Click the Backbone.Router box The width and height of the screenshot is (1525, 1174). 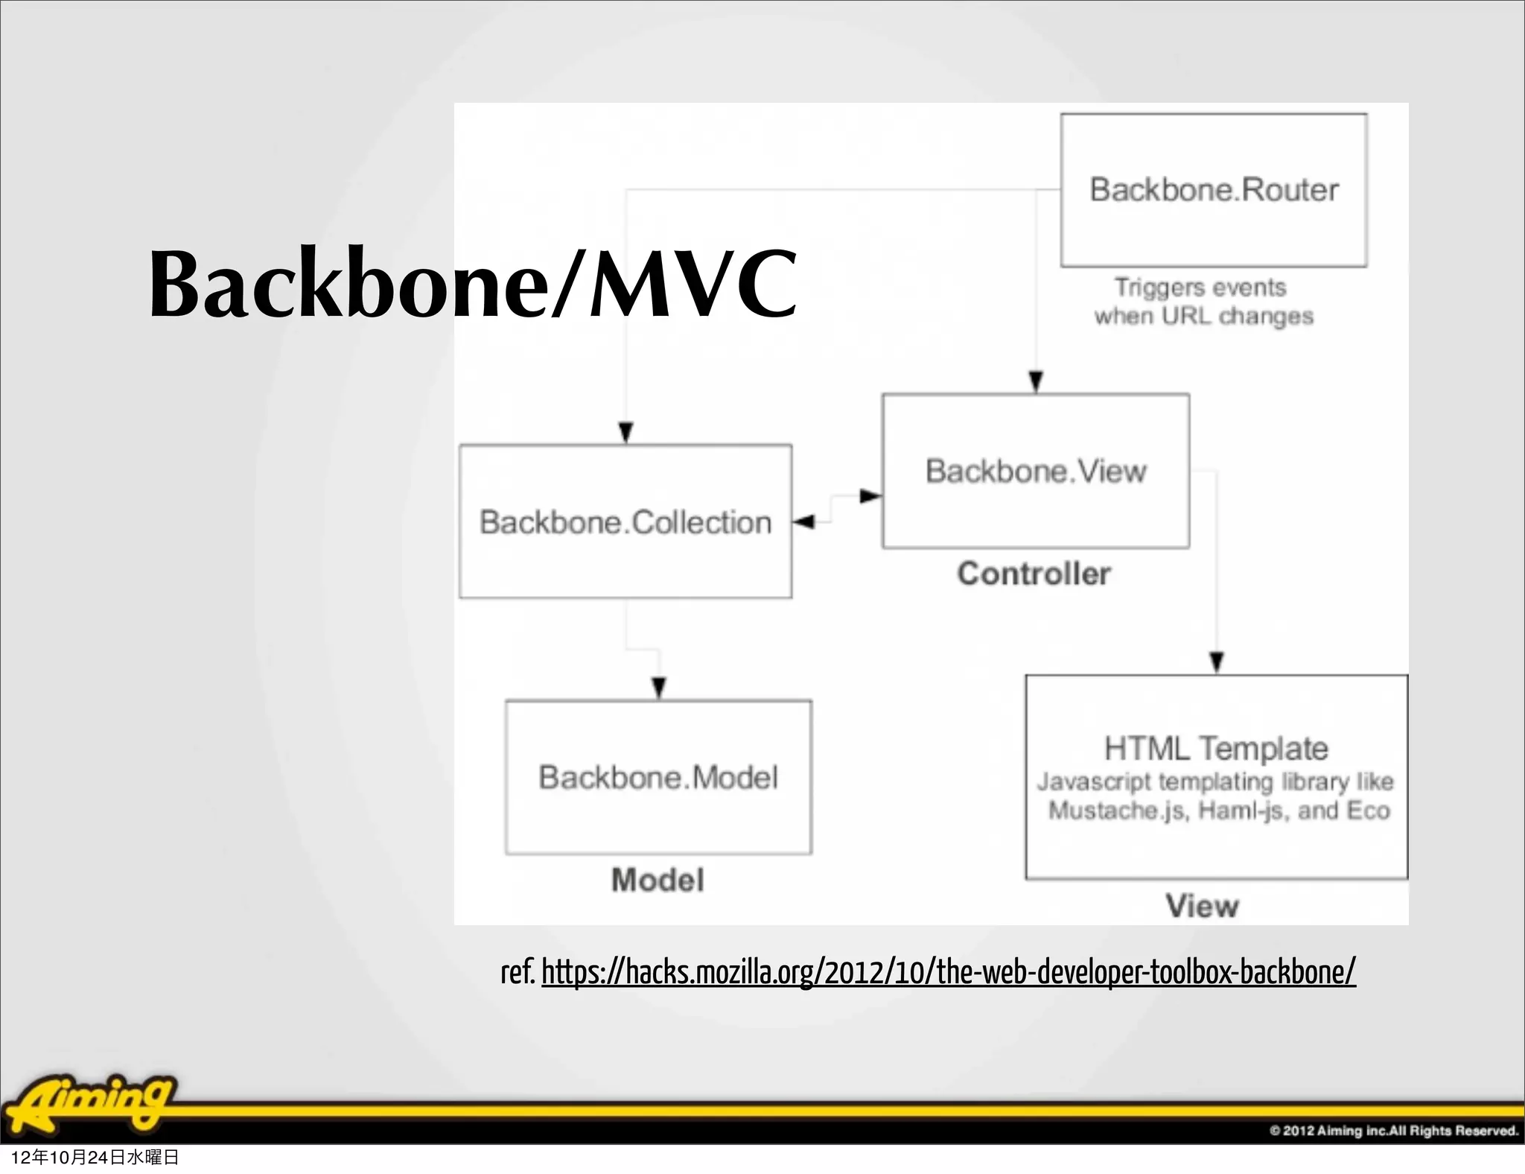click(x=1214, y=190)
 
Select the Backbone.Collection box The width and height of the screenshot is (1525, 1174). click(x=625, y=521)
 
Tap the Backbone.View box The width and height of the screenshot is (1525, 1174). click(x=1036, y=471)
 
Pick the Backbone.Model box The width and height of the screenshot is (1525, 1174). click(x=658, y=777)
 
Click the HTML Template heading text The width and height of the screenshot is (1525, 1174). click(x=1216, y=748)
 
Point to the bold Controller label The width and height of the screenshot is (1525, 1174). click(x=1034, y=574)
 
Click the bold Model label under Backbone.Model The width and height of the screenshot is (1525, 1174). click(x=658, y=880)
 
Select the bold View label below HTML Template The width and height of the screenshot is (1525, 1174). click(x=1202, y=906)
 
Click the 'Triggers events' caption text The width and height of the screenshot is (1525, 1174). click(x=1200, y=288)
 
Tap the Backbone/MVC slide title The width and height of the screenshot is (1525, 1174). click(x=473, y=285)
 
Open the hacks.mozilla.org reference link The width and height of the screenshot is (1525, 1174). click(x=948, y=972)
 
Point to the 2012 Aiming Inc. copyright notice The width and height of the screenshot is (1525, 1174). click(x=1393, y=1130)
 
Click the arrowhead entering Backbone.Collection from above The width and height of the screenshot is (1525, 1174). click(x=626, y=432)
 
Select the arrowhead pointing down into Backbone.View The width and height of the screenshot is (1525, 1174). click(x=1036, y=381)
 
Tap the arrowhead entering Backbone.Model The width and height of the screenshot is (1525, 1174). click(x=659, y=687)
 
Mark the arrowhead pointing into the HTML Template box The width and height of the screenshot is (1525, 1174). click(x=1217, y=661)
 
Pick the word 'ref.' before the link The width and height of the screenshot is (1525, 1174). click(x=518, y=972)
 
